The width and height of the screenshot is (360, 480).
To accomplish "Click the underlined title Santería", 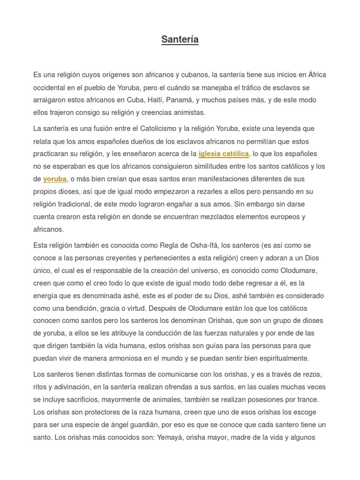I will tap(180, 40).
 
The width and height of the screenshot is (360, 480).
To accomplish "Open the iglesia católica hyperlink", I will tap(224, 154).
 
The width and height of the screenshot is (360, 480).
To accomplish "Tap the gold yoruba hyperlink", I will tap(55, 179).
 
